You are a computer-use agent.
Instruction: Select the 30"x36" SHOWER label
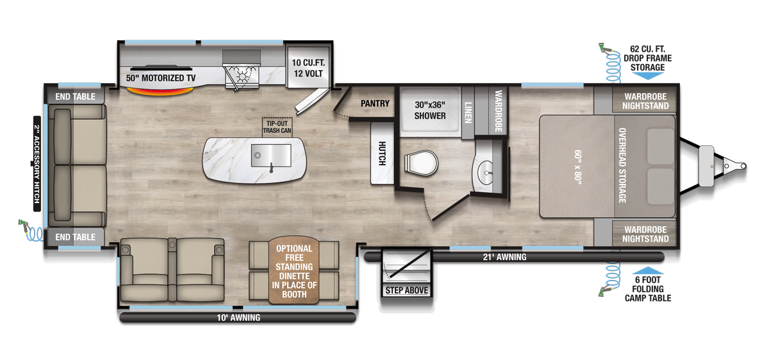tap(429, 110)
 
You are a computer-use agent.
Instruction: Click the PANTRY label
tap(375, 103)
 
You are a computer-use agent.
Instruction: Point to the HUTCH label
tap(381, 153)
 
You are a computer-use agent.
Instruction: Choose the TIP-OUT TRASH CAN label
tap(277, 127)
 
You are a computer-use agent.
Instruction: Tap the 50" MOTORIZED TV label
tap(161, 78)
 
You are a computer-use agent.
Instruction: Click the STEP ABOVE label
tap(407, 290)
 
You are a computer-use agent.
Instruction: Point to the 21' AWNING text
tap(504, 258)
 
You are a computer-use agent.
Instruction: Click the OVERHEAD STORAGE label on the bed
tap(622, 166)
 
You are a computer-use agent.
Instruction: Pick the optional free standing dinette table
tap(294, 272)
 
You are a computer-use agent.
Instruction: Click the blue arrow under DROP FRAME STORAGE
tap(650, 76)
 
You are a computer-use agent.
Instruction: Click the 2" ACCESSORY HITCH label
tap(37, 165)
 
